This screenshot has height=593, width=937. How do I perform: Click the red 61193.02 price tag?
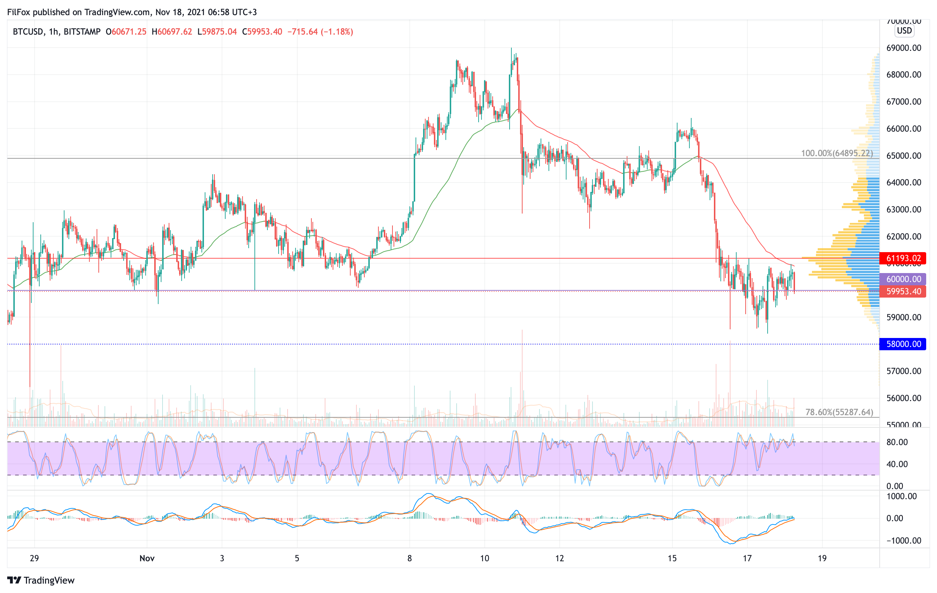click(x=903, y=258)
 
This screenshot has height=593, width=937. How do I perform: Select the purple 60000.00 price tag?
click(x=903, y=279)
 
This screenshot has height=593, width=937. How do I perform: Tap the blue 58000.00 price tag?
click(x=903, y=344)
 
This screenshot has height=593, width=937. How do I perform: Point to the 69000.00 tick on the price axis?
click(x=903, y=48)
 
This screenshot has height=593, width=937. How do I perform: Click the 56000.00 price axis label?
click(x=903, y=398)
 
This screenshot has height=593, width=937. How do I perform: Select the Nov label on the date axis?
click(x=147, y=558)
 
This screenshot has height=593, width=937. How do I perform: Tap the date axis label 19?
click(x=822, y=558)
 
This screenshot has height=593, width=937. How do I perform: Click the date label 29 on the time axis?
click(x=34, y=558)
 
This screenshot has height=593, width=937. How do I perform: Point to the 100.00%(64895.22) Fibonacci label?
click(x=836, y=153)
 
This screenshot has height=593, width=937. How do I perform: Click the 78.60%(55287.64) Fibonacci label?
click(x=839, y=412)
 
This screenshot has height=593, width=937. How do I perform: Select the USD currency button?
click(x=904, y=30)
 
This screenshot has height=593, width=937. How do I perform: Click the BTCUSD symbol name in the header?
click(x=28, y=31)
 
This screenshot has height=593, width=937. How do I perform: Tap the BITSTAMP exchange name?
click(x=82, y=31)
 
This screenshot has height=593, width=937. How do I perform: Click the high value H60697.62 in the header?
click(x=172, y=31)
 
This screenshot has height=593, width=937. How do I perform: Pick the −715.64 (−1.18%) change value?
click(x=320, y=31)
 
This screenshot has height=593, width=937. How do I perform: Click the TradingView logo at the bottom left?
click(x=41, y=580)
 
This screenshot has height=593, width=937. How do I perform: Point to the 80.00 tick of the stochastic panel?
click(x=897, y=442)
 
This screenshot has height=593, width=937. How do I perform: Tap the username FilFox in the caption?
click(x=19, y=12)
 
